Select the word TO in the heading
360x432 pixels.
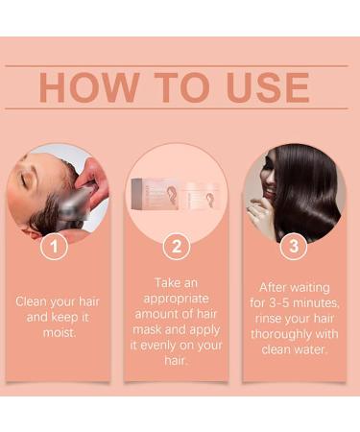click(x=180, y=87)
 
